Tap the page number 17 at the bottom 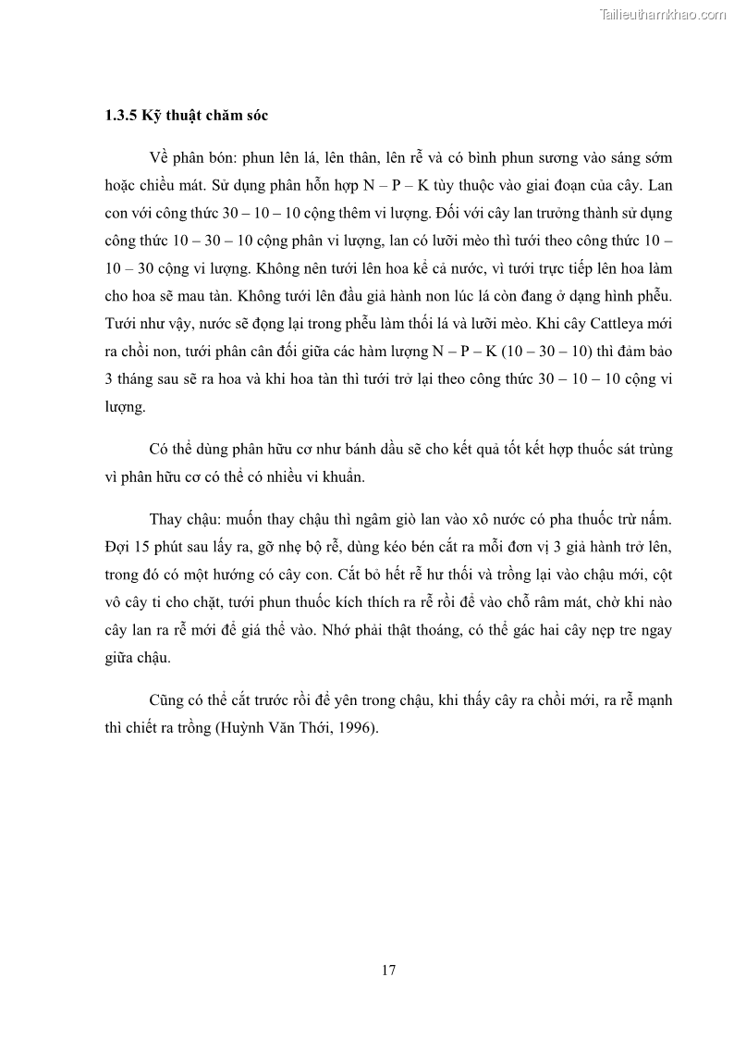[x=388, y=970]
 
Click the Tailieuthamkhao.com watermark [x=663, y=14]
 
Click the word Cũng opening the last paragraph [x=167, y=699]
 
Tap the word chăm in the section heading [x=218, y=117]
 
